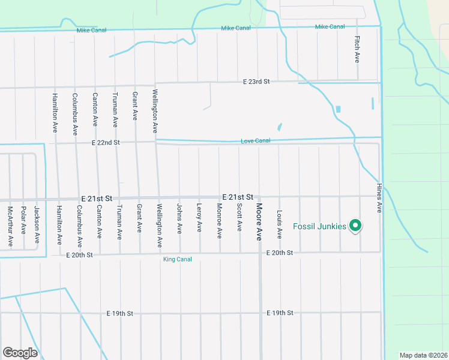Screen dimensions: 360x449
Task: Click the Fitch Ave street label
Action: (x=357, y=50)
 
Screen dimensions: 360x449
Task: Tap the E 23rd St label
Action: (x=257, y=81)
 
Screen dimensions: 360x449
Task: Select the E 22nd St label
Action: (x=106, y=143)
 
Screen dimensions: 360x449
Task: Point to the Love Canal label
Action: (x=255, y=141)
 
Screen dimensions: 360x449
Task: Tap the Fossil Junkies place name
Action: (x=319, y=226)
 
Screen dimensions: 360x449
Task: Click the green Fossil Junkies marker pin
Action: (x=355, y=226)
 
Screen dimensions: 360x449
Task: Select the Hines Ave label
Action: (x=379, y=198)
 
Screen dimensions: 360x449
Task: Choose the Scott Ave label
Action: (x=239, y=217)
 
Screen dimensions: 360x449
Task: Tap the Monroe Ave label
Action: (x=219, y=219)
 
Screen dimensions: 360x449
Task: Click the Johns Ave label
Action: (x=179, y=218)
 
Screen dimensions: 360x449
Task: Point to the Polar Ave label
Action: (x=23, y=220)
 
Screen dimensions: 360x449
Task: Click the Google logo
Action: (x=20, y=353)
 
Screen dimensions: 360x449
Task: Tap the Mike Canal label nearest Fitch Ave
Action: (x=330, y=27)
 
